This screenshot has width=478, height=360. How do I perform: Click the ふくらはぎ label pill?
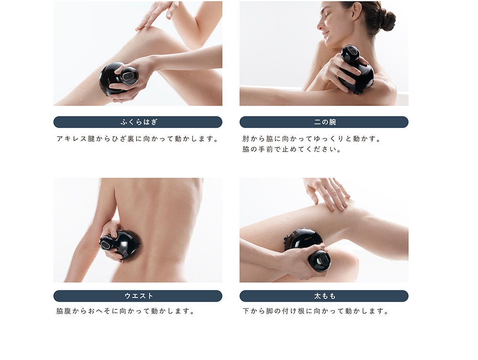click(138, 122)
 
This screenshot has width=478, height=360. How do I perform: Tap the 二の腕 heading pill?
click(324, 122)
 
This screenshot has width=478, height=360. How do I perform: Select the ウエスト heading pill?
click(138, 296)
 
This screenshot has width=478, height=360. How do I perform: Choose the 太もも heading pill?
click(324, 296)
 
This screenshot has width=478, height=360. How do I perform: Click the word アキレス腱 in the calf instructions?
click(76, 138)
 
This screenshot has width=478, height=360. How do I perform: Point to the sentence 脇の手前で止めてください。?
click(292, 149)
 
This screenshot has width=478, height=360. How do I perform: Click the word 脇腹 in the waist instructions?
click(64, 311)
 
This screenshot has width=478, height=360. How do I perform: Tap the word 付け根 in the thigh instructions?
click(293, 311)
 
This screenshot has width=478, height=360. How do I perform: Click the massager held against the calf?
click(118, 78)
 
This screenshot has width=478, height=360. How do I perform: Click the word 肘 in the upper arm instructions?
click(246, 138)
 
